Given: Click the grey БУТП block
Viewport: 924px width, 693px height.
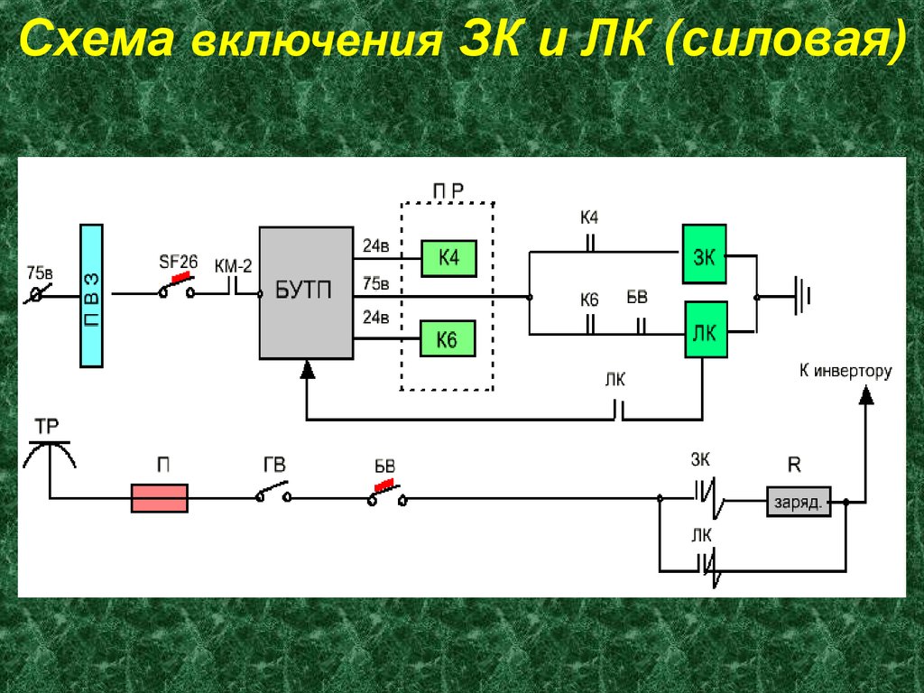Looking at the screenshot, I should tap(306, 292).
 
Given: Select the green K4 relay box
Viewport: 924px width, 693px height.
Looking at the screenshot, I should tap(448, 259).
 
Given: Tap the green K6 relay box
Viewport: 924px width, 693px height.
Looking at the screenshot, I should tap(448, 339).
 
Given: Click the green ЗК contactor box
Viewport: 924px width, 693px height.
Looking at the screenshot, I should tap(703, 256).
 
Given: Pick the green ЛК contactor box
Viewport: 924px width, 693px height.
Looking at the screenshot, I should tap(705, 331).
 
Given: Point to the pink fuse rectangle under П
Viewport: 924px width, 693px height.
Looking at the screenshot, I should tap(160, 498).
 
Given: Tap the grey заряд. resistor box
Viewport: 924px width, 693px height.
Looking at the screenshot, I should tap(799, 502).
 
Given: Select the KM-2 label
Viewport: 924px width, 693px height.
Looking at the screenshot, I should tap(233, 265).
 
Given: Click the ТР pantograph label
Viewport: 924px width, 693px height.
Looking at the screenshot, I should tap(47, 425).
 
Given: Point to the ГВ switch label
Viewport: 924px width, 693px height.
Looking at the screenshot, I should tap(273, 466).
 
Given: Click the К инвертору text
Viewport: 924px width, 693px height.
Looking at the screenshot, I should tap(845, 371).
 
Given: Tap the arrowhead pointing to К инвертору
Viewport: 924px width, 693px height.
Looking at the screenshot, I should tap(865, 393).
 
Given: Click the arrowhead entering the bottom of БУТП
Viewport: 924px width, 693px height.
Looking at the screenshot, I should tap(308, 367).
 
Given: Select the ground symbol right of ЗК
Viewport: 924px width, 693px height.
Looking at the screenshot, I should tap(803, 296).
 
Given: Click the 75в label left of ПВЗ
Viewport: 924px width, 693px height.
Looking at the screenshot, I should tap(40, 272).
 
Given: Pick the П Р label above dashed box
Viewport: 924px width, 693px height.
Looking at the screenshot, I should tap(448, 190).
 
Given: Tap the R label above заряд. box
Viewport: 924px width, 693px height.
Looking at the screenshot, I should tap(794, 467).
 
